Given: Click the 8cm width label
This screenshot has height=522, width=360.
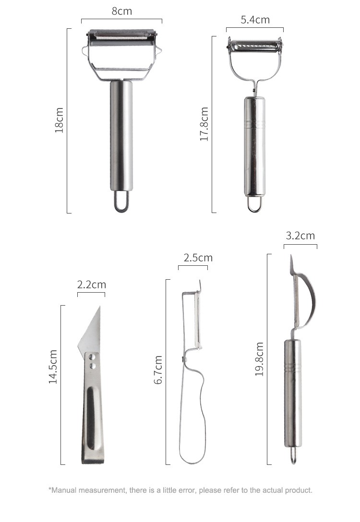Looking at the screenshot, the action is pyautogui.click(x=122, y=11).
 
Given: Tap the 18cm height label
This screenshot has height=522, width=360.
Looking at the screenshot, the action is pyautogui.click(x=59, y=120).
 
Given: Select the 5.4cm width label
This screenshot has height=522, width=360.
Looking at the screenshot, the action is pyautogui.click(x=255, y=20).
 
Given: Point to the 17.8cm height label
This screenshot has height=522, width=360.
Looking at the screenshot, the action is pyautogui.click(x=204, y=124).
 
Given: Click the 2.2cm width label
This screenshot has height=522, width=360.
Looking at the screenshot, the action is pyautogui.click(x=92, y=285).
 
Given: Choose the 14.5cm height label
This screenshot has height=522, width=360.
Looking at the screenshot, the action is pyautogui.click(x=53, y=367).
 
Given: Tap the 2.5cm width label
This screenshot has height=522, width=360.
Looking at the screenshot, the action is pyautogui.click(x=198, y=258).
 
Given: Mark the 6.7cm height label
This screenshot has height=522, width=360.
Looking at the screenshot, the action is pyautogui.click(x=158, y=370).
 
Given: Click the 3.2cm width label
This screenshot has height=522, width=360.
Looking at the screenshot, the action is pyautogui.click(x=300, y=236).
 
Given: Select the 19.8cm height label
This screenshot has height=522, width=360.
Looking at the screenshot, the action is pyautogui.click(x=259, y=359).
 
